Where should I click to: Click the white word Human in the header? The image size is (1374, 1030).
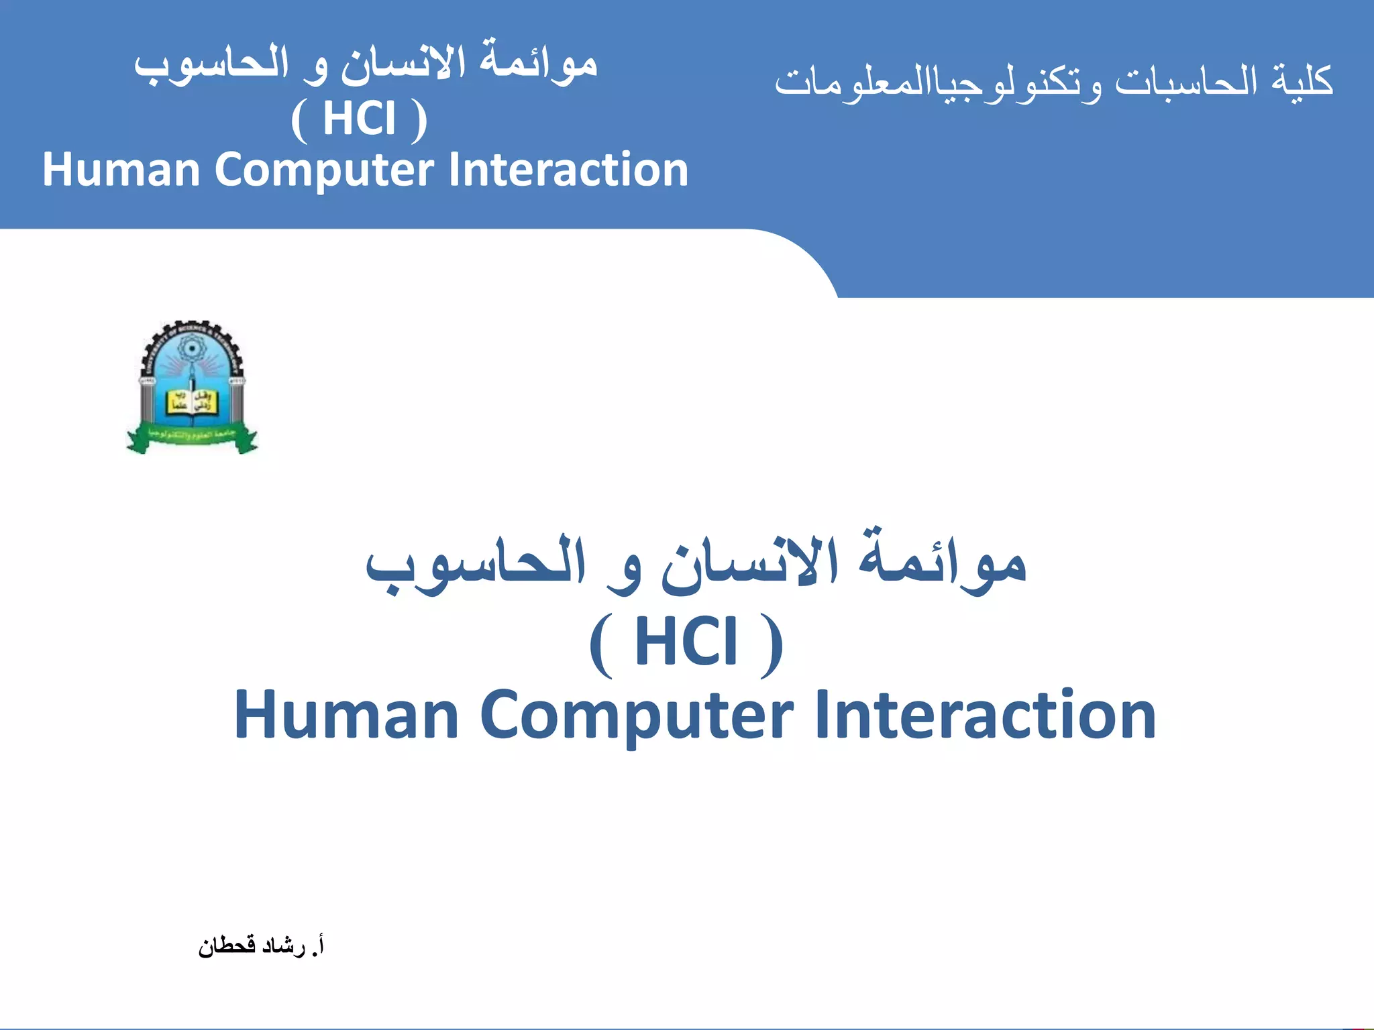pyautogui.click(x=121, y=169)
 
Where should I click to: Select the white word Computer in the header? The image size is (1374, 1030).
pyautogui.click(x=324, y=170)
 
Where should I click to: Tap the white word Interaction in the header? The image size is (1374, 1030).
pyautogui.click(x=568, y=169)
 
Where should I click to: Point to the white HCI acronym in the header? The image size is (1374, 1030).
pyautogui.click(x=359, y=119)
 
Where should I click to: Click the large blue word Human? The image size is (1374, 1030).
pyautogui.click(x=346, y=715)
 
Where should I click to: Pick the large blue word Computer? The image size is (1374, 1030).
pyautogui.click(x=637, y=716)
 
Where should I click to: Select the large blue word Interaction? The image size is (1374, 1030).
pyautogui.click(x=986, y=715)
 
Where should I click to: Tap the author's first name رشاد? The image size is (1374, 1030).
pyautogui.click(x=283, y=946)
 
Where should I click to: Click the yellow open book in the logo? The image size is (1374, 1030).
pyautogui.click(x=191, y=402)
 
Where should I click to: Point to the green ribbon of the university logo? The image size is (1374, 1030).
pyautogui.click(x=192, y=437)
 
